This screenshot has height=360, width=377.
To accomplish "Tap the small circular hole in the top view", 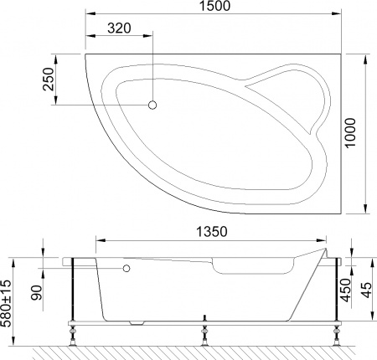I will [x=152, y=105].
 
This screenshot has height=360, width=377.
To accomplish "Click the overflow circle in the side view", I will [x=127, y=270].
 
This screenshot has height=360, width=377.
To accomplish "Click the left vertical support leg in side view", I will [x=75, y=289].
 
